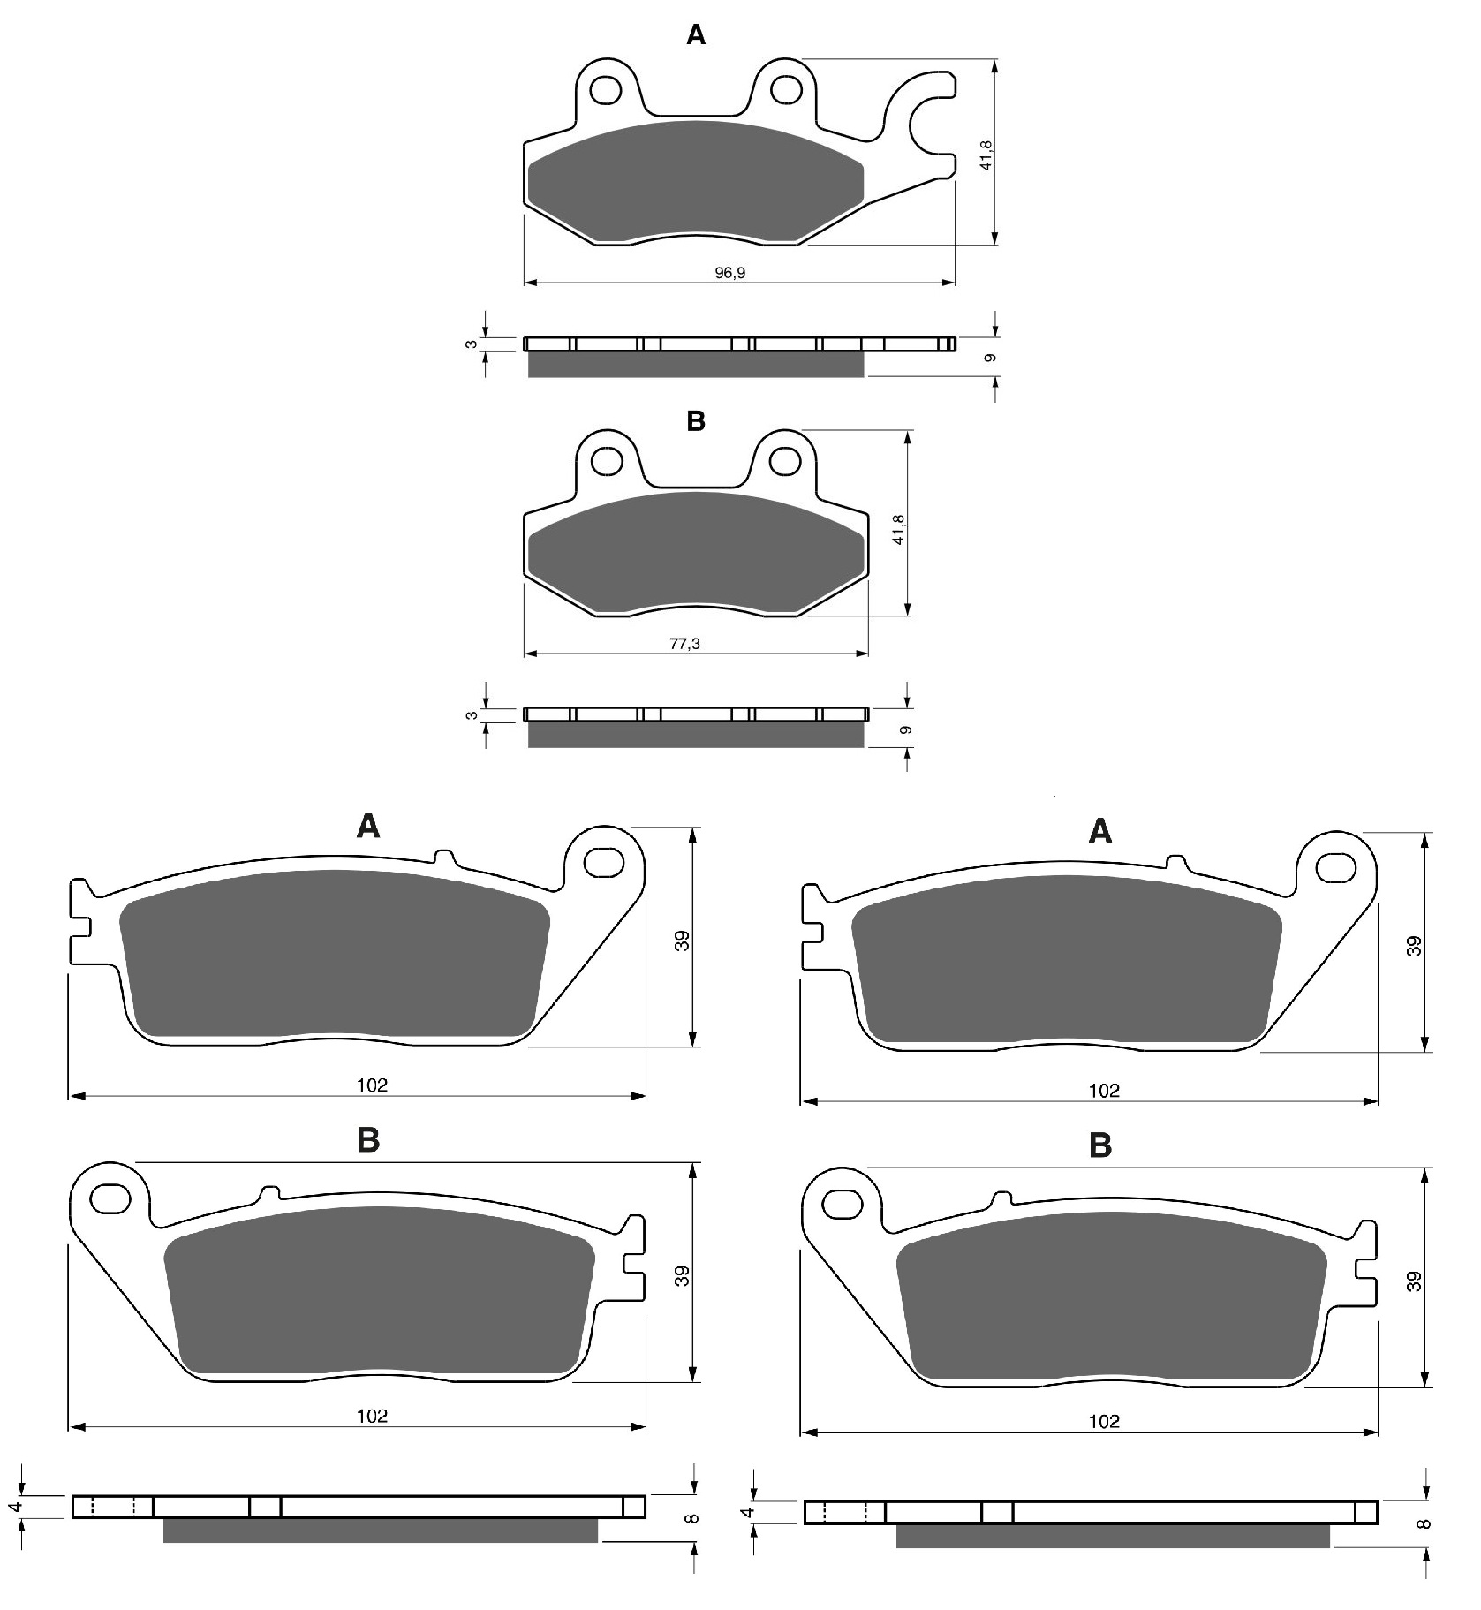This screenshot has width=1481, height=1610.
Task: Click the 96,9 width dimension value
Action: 729,273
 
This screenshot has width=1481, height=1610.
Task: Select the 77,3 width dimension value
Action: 684,644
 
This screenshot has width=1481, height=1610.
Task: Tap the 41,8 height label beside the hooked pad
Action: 987,155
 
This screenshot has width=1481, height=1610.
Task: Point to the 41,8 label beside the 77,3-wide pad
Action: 900,528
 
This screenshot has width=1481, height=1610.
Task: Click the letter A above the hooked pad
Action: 696,34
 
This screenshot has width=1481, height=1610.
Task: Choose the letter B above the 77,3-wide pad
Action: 696,421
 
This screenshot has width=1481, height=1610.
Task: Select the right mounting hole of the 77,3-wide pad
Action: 784,460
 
